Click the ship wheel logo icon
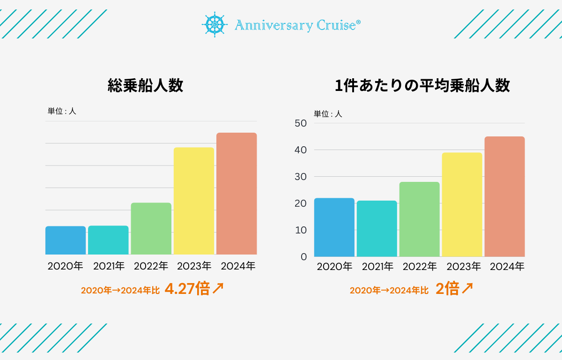click(214, 24)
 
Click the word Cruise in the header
click(339, 25)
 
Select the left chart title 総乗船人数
click(145, 86)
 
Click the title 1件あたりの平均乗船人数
click(422, 86)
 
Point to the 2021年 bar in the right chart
click(377, 228)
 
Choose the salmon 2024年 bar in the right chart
click(504, 196)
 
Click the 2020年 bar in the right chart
click(334, 227)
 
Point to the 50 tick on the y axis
click(301, 123)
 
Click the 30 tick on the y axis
click(301, 177)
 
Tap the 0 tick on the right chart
click(304, 257)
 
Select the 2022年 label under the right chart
click(420, 267)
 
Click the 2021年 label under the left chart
click(109, 266)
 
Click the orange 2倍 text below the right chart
click(447, 289)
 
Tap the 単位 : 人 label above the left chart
click(62, 111)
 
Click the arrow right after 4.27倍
click(218, 289)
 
